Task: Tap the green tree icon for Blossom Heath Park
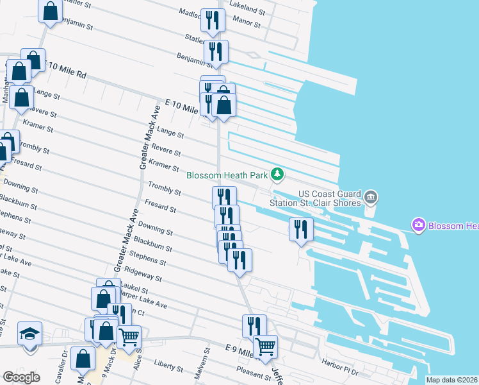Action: [277, 174]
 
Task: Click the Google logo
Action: [21, 377]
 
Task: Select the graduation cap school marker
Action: [29, 335]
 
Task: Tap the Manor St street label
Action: [247, 24]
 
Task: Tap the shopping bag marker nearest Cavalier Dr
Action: [83, 359]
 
